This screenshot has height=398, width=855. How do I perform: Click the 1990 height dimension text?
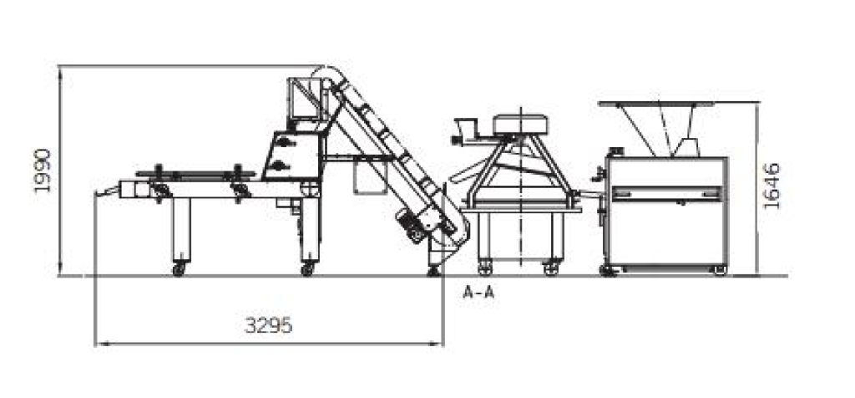[43, 171]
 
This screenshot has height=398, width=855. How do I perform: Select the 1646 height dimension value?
[772, 186]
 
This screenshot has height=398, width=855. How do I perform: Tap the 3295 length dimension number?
[268, 325]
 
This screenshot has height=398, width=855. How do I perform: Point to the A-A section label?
[478, 293]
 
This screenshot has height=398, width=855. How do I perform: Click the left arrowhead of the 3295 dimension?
[99, 344]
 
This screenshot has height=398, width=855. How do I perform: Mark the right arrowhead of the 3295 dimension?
[438, 344]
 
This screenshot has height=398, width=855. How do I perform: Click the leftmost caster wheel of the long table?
[179, 269]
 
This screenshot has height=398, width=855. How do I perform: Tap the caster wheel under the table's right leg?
[307, 269]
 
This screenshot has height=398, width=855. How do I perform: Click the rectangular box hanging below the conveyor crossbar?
[370, 177]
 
